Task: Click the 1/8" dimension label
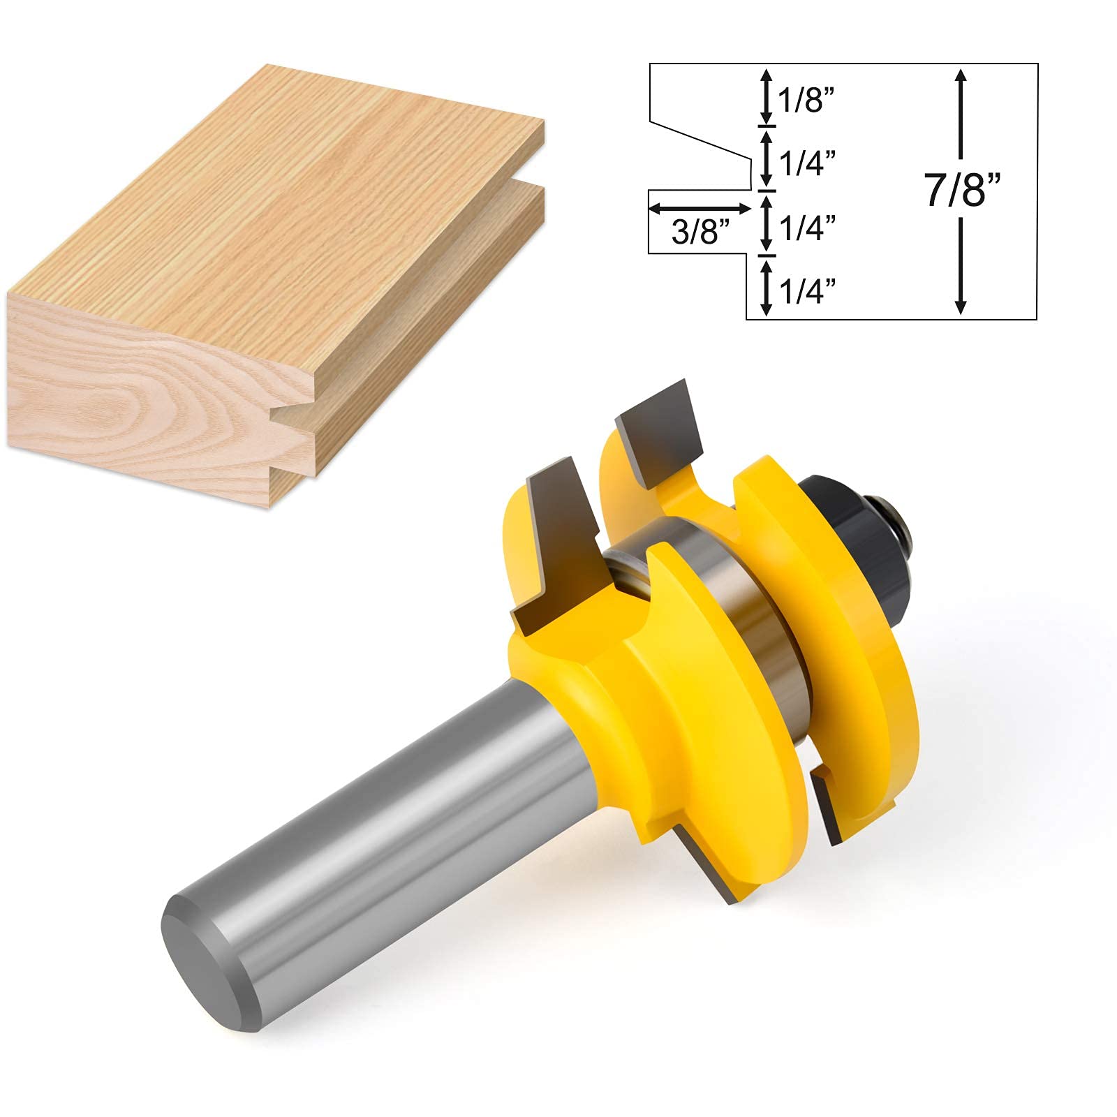click(x=807, y=102)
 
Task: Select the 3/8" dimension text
click(x=695, y=232)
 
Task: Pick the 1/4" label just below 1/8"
click(x=807, y=164)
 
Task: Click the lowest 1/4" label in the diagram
click(x=807, y=290)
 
